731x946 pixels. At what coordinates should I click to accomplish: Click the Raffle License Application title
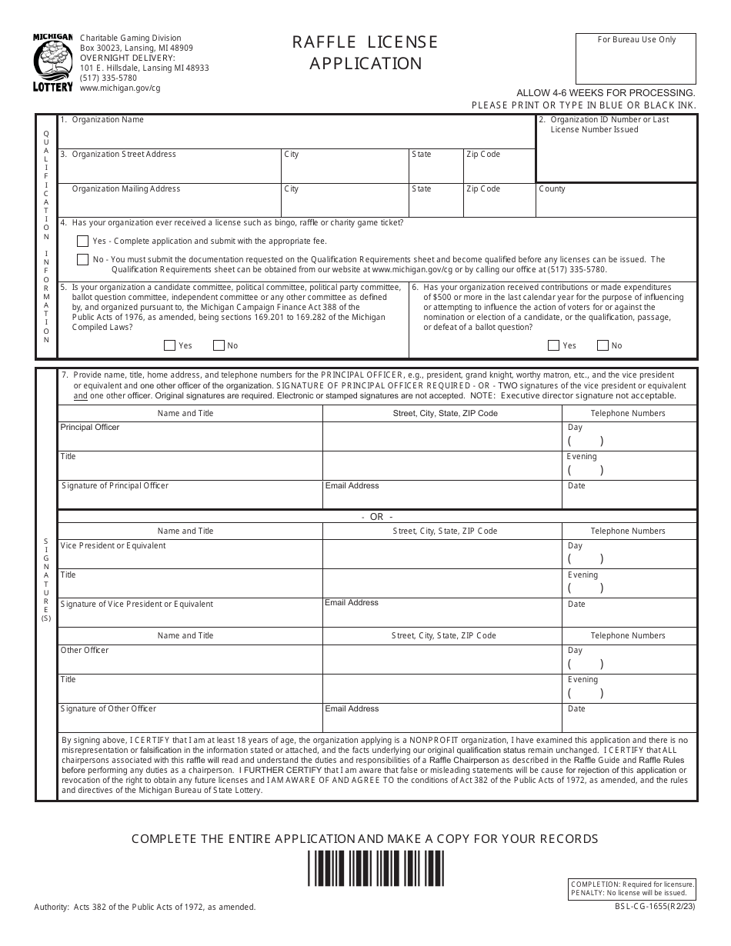click(x=365, y=52)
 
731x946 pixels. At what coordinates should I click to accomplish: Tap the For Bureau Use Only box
click(x=636, y=58)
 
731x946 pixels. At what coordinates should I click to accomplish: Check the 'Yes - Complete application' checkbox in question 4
click(x=82, y=241)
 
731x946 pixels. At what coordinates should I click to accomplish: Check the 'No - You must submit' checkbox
click(x=82, y=260)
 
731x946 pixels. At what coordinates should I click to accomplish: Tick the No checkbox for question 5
click(x=219, y=345)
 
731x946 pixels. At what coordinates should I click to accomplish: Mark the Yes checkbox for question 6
click(x=553, y=345)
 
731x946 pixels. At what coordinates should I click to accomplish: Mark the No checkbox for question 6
click(x=602, y=345)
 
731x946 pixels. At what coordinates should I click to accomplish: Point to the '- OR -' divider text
click(x=377, y=517)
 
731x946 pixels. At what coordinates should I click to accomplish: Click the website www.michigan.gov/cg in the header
click(x=120, y=88)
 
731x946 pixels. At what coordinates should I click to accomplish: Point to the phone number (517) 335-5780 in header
click(x=108, y=78)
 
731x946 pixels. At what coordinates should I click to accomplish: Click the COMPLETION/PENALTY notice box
click(x=632, y=888)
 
